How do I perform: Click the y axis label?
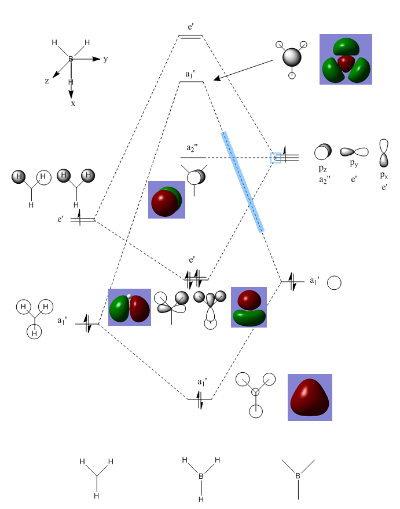tap(105, 59)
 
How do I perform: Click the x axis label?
tap(73, 104)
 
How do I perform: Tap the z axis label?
tap(47, 81)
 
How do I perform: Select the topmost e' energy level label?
tap(191, 27)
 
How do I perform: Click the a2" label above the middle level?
tap(192, 148)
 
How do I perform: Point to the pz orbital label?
tap(322, 169)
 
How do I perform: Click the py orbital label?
tap(354, 163)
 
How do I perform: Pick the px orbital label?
tap(384, 175)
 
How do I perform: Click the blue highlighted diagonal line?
tap(243, 182)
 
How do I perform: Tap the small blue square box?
tap(276, 158)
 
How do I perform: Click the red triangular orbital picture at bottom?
tap(310, 397)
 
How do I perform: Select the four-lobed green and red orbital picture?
tap(346, 59)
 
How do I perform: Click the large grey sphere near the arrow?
tap(292, 57)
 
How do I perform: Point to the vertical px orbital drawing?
tap(384, 153)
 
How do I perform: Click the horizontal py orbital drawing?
tap(354, 152)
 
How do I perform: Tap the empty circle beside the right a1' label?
tap(334, 283)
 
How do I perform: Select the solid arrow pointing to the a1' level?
tap(243, 70)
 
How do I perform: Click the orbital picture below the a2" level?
tap(167, 199)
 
